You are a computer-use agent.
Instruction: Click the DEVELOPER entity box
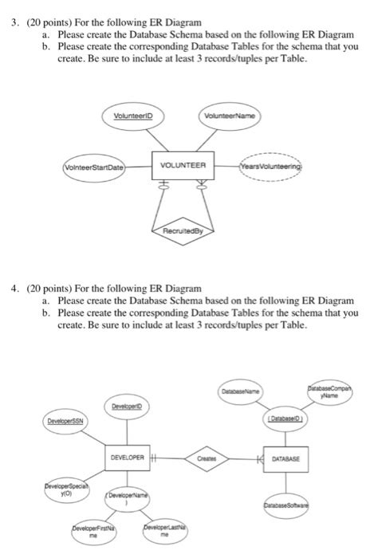tap(128, 458)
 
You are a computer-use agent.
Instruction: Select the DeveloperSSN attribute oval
tap(69, 419)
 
